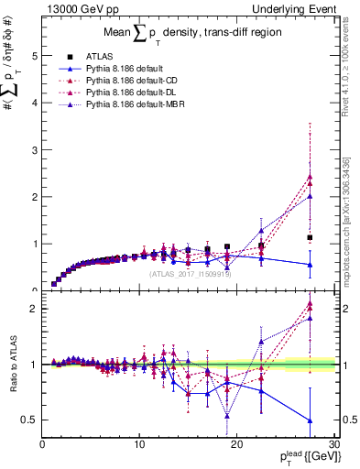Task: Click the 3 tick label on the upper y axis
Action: coord(33,149)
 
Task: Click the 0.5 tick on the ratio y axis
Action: coord(29,420)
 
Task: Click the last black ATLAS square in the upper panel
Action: coord(310,237)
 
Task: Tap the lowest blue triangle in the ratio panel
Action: coord(310,420)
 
